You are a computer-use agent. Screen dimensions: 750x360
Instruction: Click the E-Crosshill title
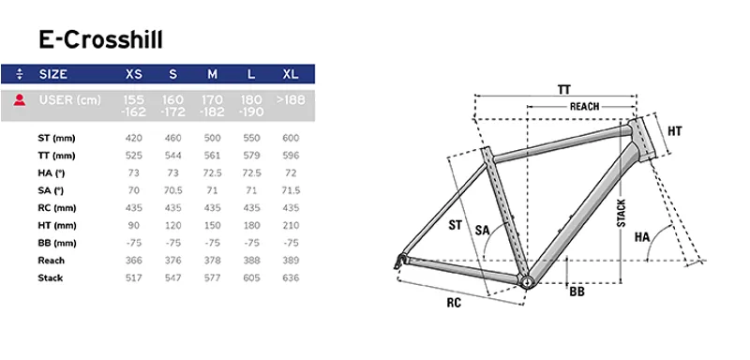pyautogui.click(x=101, y=39)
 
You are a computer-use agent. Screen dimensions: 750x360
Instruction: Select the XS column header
pyautogui.click(x=134, y=74)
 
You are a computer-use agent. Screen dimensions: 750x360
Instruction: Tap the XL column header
pyautogui.click(x=291, y=74)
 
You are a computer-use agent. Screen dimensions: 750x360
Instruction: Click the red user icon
pyautogui.click(x=20, y=100)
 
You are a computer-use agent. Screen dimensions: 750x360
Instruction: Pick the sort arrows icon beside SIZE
pyautogui.click(x=20, y=74)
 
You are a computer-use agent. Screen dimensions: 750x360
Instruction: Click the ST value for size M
pyautogui.click(x=212, y=138)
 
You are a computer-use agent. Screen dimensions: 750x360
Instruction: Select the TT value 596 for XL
pyautogui.click(x=291, y=156)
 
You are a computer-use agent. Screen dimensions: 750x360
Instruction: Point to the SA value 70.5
pyautogui.click(x=173, y=190)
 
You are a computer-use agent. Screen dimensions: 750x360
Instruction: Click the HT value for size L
pyautogui.click(x=251, y=225)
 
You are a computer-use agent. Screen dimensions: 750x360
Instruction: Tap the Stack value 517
pyautogui.click(x=134, y=277)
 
